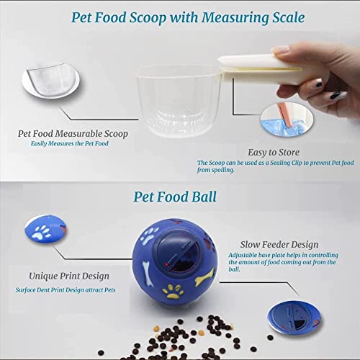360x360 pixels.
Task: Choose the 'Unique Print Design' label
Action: [69, 276]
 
